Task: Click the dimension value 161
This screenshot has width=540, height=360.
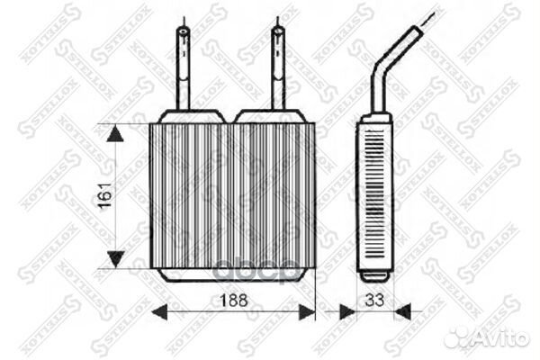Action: coord(105,197)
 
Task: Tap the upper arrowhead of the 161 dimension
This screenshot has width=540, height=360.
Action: coord(115,134)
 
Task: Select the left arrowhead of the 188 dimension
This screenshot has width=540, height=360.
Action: coord(156,312)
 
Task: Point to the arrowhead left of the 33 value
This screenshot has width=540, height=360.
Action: coord(346,312)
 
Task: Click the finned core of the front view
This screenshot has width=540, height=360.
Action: coord(232,193)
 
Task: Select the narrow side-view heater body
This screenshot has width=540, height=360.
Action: coord(373,193)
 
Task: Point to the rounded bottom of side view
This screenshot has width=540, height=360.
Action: coord(374,273)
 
